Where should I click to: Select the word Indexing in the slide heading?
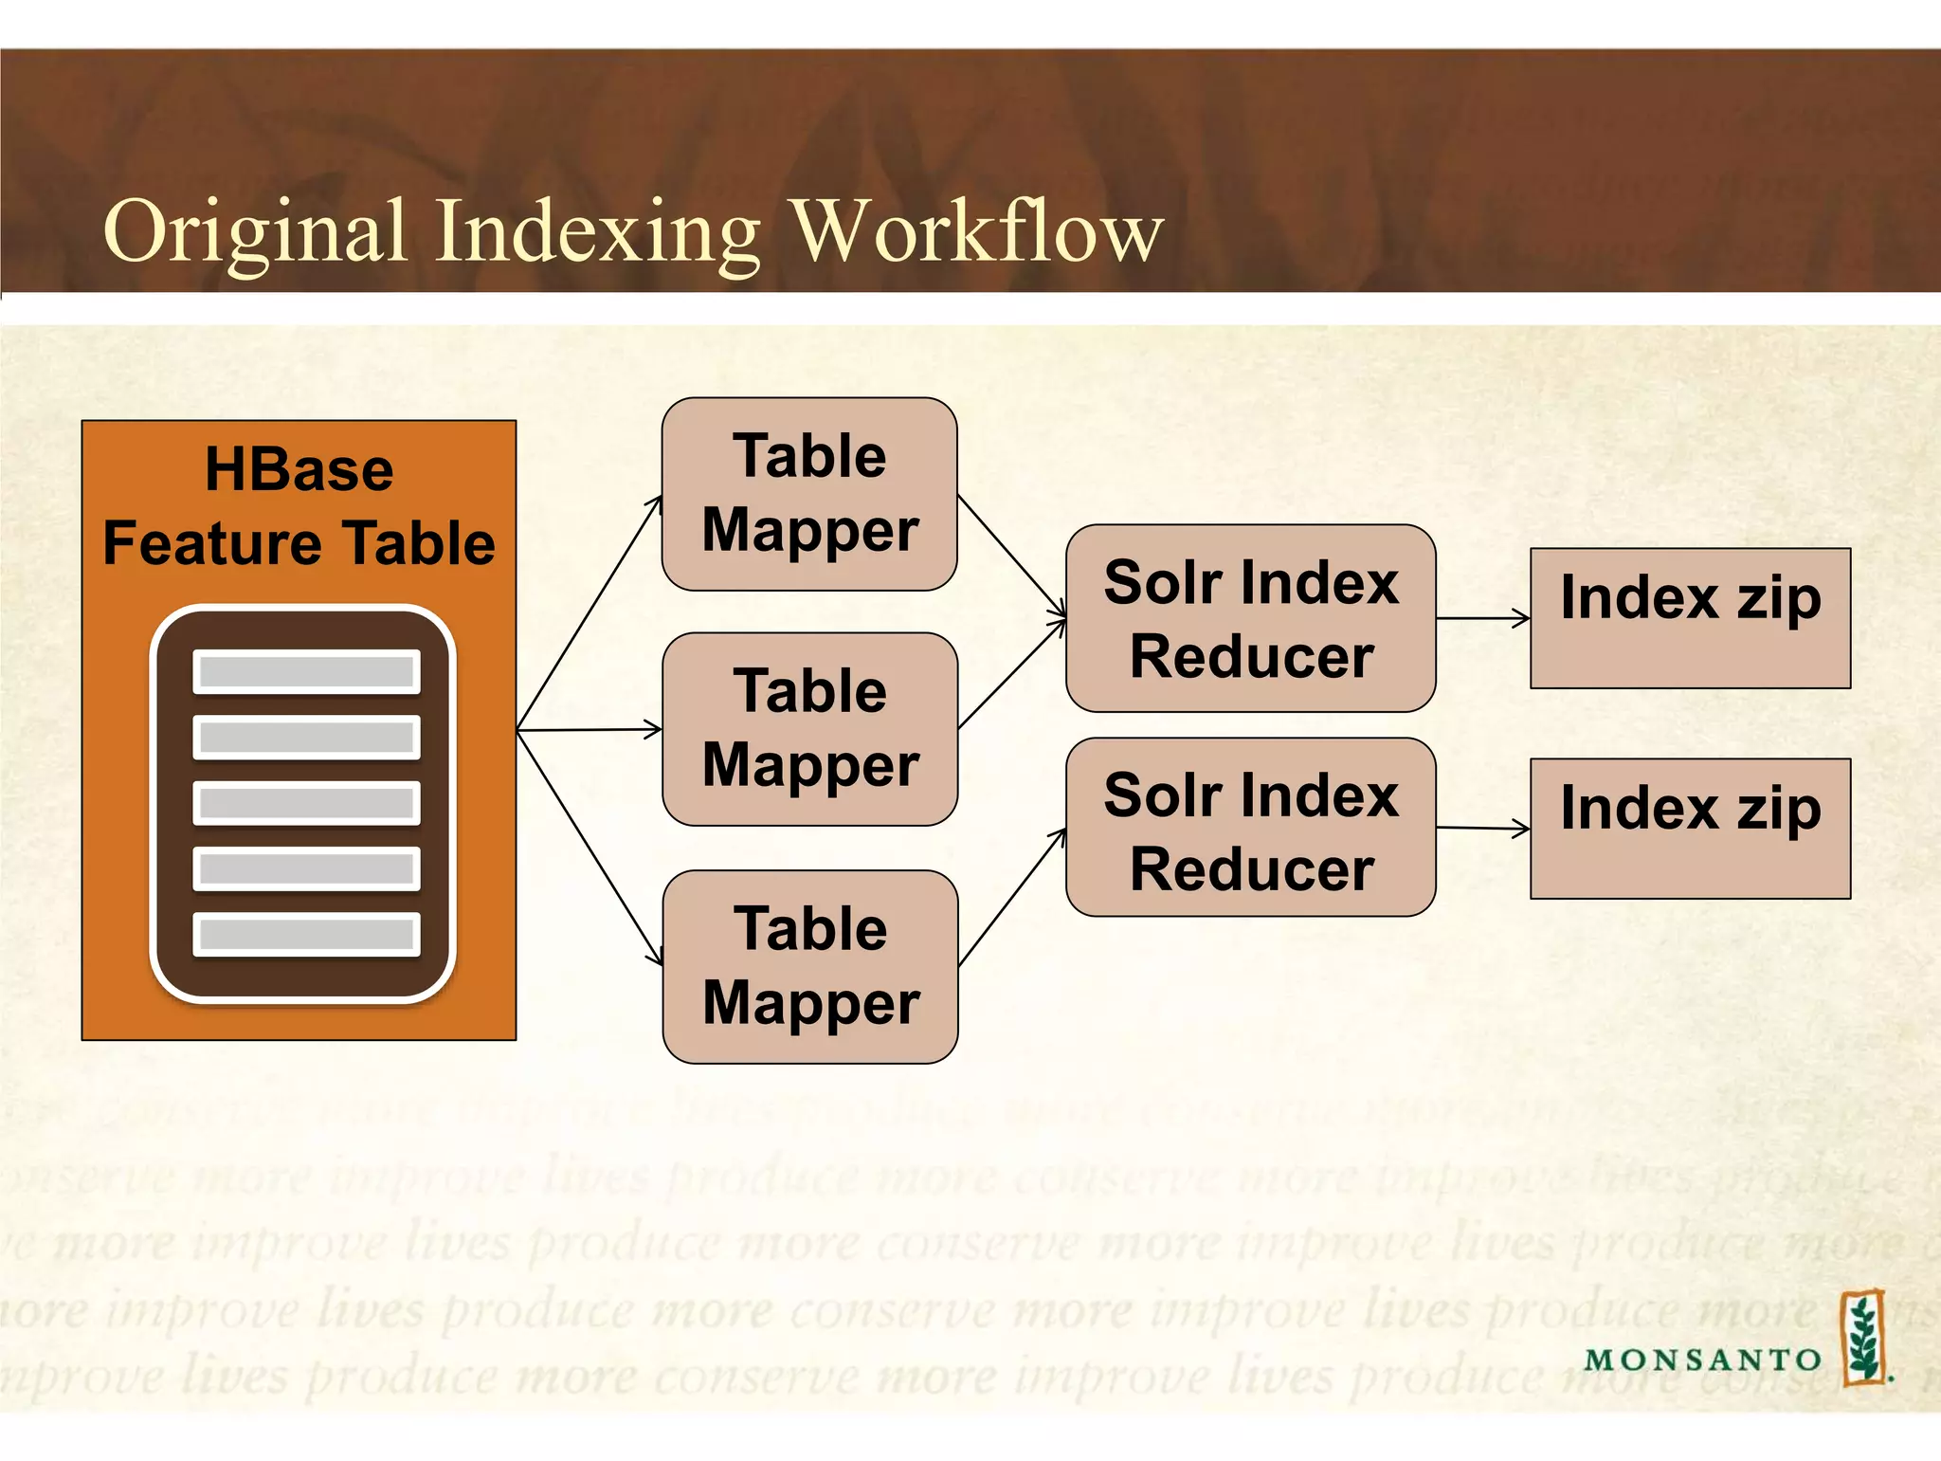coord(597,232)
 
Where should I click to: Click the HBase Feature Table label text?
coord(299,506)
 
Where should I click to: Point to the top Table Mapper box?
coord(809,494)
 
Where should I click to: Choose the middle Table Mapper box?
coord(809,729)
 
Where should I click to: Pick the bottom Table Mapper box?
coord(809,966)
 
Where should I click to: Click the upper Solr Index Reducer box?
coord(1250,618)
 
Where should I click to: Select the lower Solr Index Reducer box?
coord(1250,827)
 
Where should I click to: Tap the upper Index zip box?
coord(1690,618)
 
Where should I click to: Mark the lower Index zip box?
coord(1690,828)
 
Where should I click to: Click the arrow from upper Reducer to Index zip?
coord(1482,618)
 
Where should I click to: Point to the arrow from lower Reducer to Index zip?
coord(1482,829)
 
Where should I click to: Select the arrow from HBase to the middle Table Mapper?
coord(588,730)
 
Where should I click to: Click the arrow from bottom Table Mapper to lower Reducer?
coord(1011,897)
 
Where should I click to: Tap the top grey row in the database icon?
coord(306,671)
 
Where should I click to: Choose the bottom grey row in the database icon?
coord(306,934)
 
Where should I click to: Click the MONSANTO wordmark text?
coord(1702,1360)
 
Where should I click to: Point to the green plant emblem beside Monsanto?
coord(1863,1337)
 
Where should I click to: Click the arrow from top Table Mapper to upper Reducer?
coord(1011,555)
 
